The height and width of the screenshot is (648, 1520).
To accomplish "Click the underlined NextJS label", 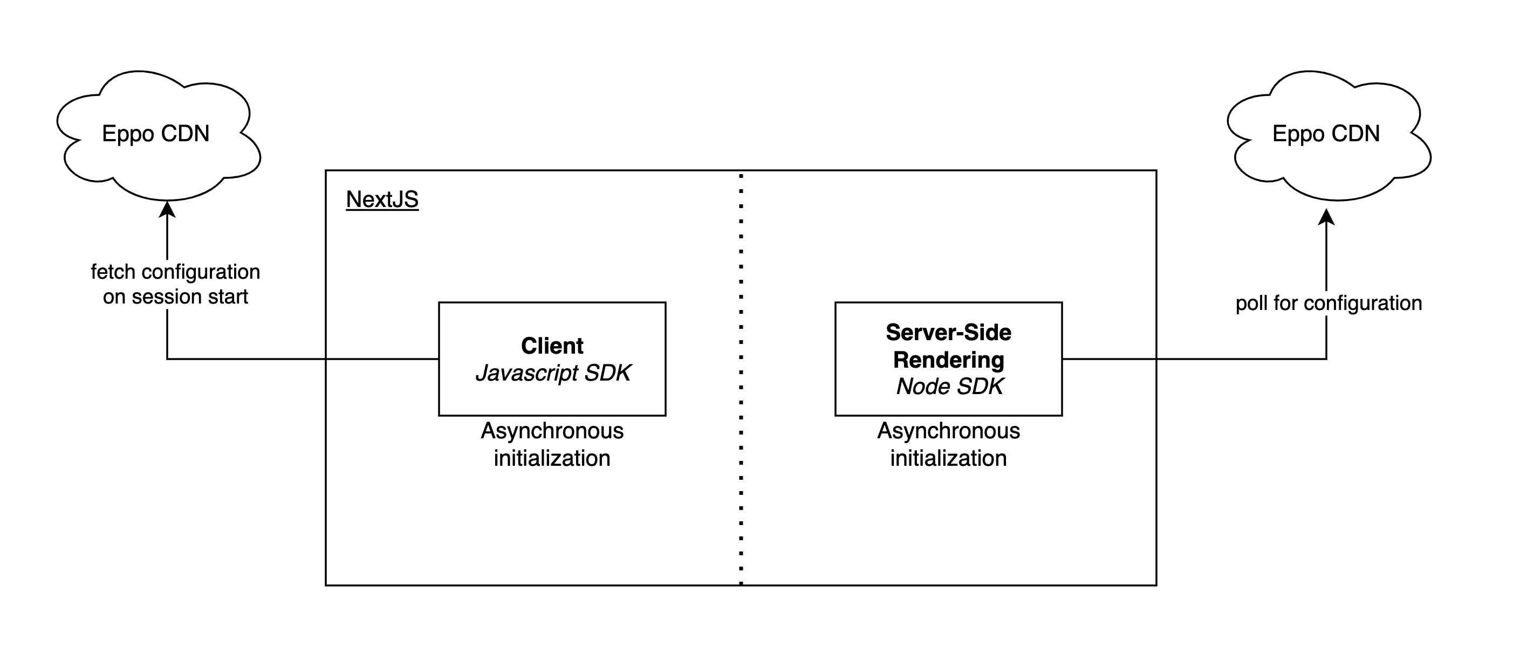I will (382, 199).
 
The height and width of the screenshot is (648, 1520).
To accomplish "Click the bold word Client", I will (552, 346).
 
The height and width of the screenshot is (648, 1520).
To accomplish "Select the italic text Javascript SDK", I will (553, 373).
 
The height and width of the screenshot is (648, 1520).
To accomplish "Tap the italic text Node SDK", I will (949, 386).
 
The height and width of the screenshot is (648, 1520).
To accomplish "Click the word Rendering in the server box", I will (948, 360).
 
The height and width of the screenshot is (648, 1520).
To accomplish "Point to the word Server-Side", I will (948, 333).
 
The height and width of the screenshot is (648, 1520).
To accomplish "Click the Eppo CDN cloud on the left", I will (156, 134).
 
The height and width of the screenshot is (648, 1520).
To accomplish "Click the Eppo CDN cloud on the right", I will (1325, 134).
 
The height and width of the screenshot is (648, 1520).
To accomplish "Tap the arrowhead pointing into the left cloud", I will (168, 209).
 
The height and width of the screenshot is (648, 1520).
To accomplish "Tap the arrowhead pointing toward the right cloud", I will (1326, 217).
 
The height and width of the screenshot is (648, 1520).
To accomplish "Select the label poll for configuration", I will (1328, 303).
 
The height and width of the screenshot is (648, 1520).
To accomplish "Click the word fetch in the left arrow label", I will (113, 272).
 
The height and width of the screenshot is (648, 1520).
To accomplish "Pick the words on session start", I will (175, 297).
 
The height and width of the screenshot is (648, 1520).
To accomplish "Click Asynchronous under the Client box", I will (552, 431).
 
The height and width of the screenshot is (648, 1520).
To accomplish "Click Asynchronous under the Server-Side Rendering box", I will (948, 431).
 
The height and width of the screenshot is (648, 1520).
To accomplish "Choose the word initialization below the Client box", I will (552, 458).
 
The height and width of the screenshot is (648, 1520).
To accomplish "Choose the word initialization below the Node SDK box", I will (948, 458).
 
